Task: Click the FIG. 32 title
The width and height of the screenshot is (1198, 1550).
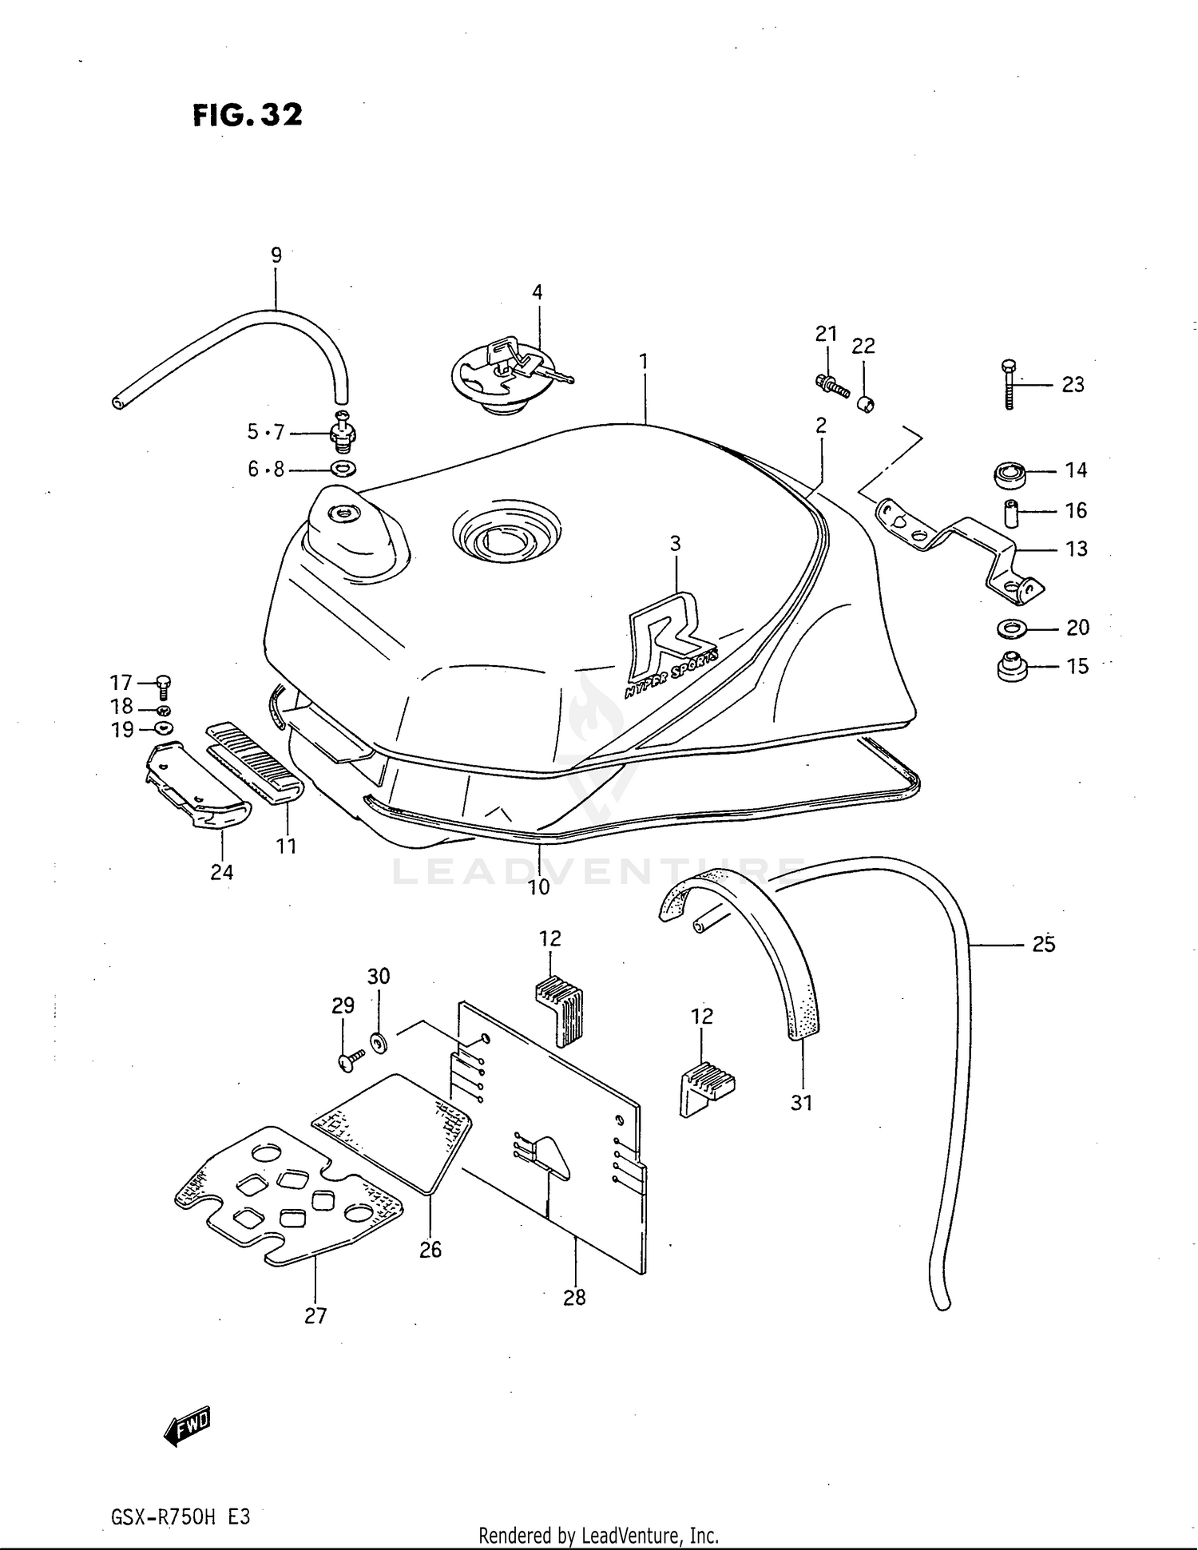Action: point(248,116)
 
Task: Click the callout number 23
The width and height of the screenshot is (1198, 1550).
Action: point(1073,385)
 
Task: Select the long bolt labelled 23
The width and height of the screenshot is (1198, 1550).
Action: point(1008,384)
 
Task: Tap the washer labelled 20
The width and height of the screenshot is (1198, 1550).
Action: point(1012,628)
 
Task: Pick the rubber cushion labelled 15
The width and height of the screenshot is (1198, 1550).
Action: point(1012,665)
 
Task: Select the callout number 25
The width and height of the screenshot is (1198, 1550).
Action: point(1043,944)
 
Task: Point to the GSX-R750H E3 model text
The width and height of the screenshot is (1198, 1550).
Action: point(180,1515)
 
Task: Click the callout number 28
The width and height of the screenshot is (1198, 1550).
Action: point(574,1298)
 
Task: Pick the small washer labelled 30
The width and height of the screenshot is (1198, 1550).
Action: point(378,1041)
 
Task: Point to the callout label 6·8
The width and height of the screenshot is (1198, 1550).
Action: point(265,469)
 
